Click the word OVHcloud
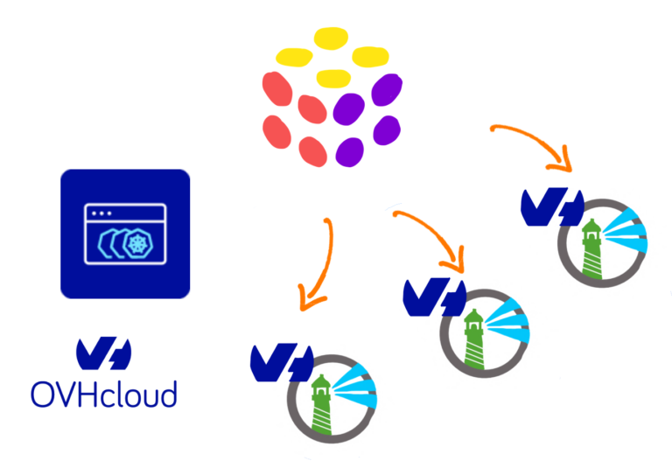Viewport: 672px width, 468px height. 103,393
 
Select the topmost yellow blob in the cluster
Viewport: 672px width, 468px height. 329,39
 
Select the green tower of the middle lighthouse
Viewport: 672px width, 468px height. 474,336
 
